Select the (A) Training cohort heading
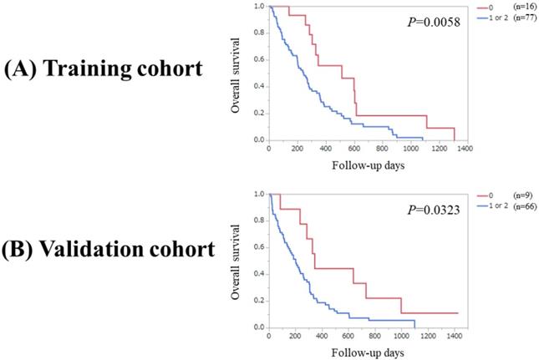tap(102, 69)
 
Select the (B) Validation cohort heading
tap(108, 252)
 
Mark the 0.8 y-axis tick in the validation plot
tap(257, 221)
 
